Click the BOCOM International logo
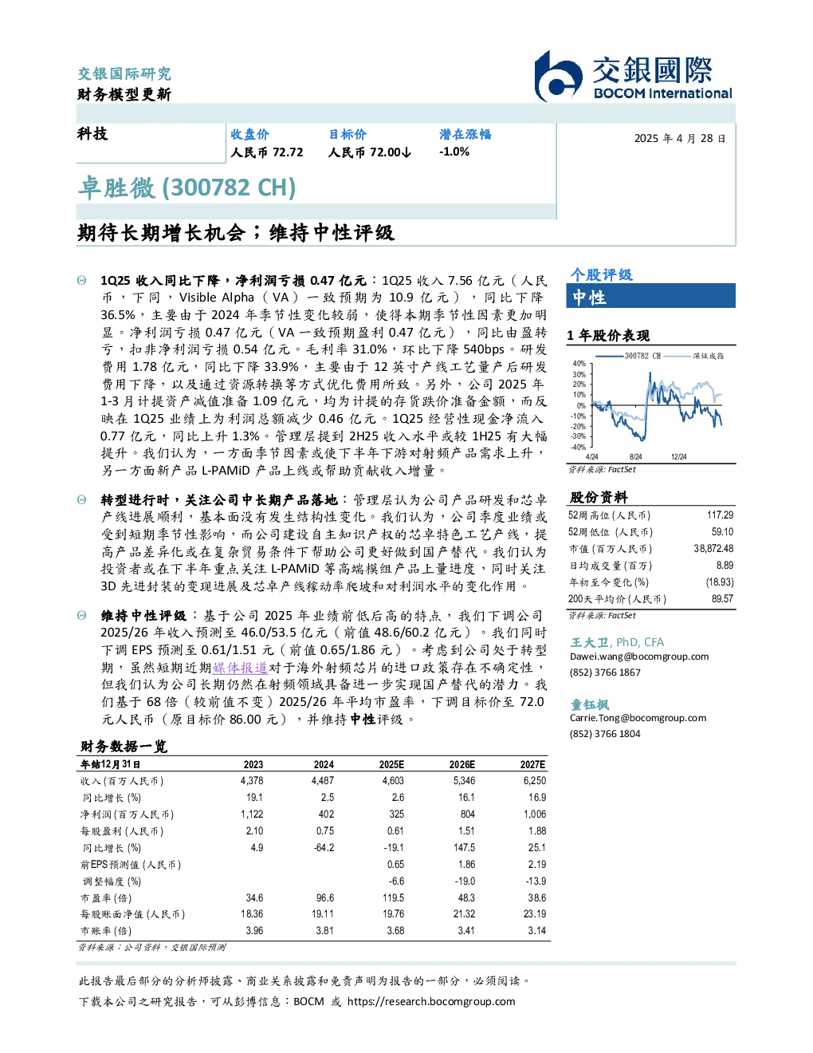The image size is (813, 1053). (x=633, y=76)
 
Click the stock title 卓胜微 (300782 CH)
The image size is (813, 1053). (x=187, y=187)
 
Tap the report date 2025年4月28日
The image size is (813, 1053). (x=680, y=139)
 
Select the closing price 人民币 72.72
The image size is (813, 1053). (x=267, y=152)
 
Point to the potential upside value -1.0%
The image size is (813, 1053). (x=454, y=152)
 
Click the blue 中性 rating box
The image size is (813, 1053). (x=650, y=296)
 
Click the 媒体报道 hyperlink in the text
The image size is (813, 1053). (x=240, y=668)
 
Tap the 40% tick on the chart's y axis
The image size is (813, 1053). (x=579, y=364)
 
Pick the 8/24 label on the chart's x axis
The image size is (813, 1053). (x=635, y=457)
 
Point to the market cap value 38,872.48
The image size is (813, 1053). (x=713, y=549)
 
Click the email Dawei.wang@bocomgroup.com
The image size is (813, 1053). (x=639, y=657)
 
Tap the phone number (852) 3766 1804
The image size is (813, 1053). (x=605, y=734)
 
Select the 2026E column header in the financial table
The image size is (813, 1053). (x=462, y=765)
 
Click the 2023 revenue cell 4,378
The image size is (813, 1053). (x=252, y=781)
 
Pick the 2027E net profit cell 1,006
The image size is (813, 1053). (x=535, y=814)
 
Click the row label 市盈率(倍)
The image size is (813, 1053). (x=105, y=898)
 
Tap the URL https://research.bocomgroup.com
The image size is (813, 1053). (x=431, y=1002)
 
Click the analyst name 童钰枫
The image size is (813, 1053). (x=589, y=704)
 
